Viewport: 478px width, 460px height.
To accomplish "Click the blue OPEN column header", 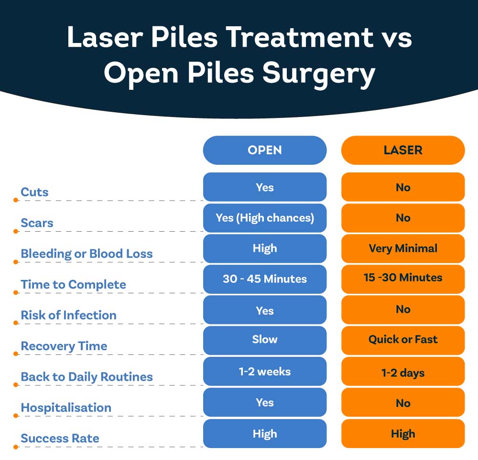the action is pos(265,150).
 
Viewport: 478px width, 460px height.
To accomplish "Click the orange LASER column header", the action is pos(403,150).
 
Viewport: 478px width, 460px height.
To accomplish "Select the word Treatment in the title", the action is pos(300,37).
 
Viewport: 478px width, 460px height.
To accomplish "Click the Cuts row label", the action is pos(34,192).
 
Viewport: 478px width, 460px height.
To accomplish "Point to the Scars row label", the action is pos(37,223).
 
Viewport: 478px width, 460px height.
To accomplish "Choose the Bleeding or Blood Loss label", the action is pos(87,254).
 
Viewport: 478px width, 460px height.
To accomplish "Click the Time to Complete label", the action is pos(73,285).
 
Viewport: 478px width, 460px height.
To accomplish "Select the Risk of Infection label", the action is pos(68,315).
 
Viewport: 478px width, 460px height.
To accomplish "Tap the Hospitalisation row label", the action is pos(66,407).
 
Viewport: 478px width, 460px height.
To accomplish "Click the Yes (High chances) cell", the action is pos(265,218).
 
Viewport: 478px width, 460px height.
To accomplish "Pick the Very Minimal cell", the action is pos(403,248).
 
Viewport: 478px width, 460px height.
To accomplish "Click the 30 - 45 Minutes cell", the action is pos(265,279).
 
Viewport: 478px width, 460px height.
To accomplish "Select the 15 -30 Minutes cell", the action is pos(403,279).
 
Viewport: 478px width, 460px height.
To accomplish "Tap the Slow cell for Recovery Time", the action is pos(265,340).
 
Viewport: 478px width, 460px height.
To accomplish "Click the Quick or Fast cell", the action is pos(403,340).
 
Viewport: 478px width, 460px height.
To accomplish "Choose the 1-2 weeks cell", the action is pos(265,371).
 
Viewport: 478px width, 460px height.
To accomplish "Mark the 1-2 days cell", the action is pos(403,371).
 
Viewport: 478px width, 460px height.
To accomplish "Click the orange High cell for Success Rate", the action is pos(403,434).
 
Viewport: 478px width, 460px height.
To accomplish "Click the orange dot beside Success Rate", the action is pos(16,447).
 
